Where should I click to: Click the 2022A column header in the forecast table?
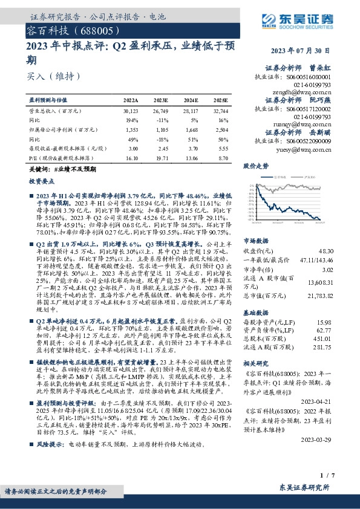(x=131, y=100)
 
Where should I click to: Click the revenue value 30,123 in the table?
(x=131, y=112)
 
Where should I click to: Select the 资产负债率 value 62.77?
(x=325, y=331)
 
